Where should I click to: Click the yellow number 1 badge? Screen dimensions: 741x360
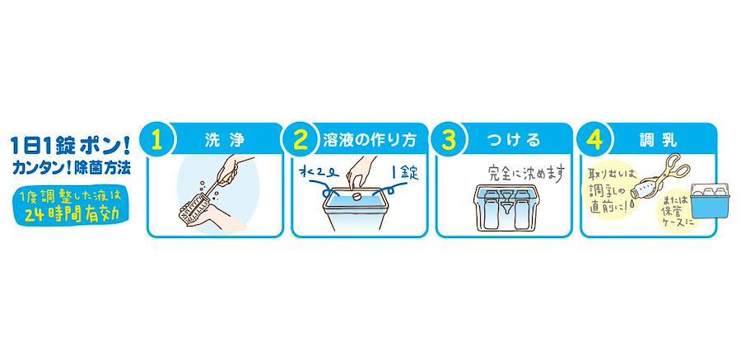click(x=157, y=141)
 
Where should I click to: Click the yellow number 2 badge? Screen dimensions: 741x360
click(x=301, y=141)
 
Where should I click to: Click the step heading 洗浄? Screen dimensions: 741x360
click(x=226, y=140)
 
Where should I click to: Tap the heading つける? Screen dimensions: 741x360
click(x=512, y=140)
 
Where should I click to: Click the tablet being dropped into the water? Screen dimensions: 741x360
click(x=357, y=194)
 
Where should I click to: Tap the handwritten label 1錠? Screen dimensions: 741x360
click(x=403, y=173)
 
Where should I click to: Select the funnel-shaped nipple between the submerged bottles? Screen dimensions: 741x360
click(x=507, y=203)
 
